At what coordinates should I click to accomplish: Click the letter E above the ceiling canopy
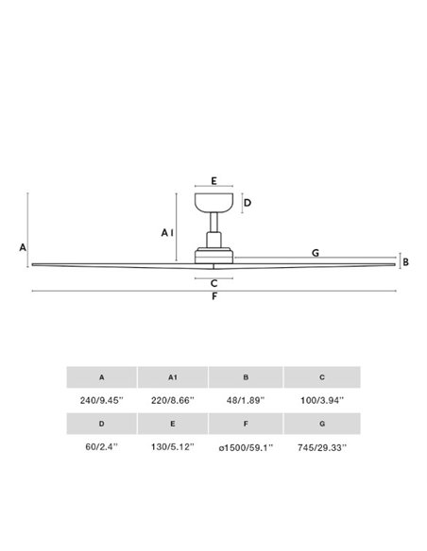[x=213, y=181]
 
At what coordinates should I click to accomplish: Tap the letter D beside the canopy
[x=248, y=203]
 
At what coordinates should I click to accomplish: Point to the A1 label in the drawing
[x=167, y=233]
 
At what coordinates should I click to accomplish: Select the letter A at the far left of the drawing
[x=23, y=247]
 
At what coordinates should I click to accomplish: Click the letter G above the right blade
[x=316, y=253]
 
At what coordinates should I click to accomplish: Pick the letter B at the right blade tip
[x=405, y=262]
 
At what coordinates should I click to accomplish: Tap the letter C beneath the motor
[x=213, y=283]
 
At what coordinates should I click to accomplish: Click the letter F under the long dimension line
[x=214, y=296]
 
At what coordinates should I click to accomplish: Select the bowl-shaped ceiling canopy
[x=213, y=203]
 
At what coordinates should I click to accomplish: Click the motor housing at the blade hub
[x=213, y=256]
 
